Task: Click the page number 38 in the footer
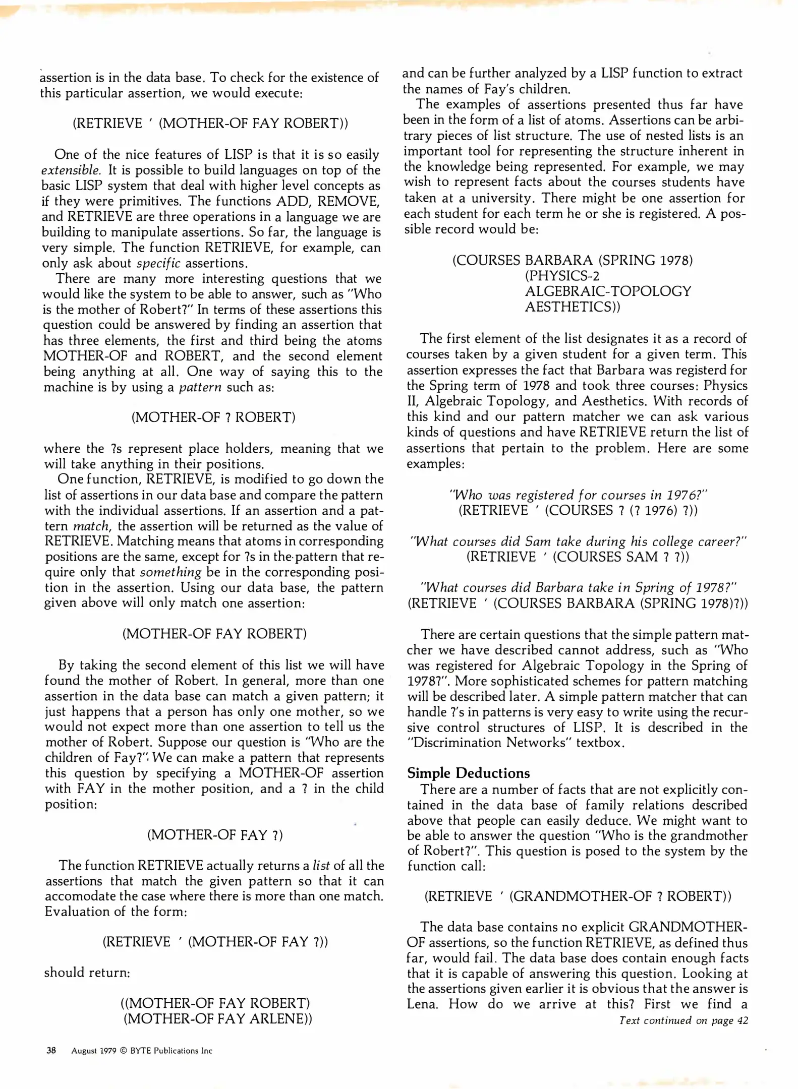[x=51, y=1051]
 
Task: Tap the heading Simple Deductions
[x=468, y=773]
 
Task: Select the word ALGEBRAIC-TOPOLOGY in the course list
[x=608, y=291]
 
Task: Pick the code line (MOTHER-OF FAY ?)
[x=215, y=835]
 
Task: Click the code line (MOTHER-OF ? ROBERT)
[x=213, y=417]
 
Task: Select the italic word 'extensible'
[x=71, y=170]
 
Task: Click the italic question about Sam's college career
[x=578, y=541]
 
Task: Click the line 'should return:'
[x=87, y=973]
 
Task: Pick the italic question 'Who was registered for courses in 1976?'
[x=578, y=495]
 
